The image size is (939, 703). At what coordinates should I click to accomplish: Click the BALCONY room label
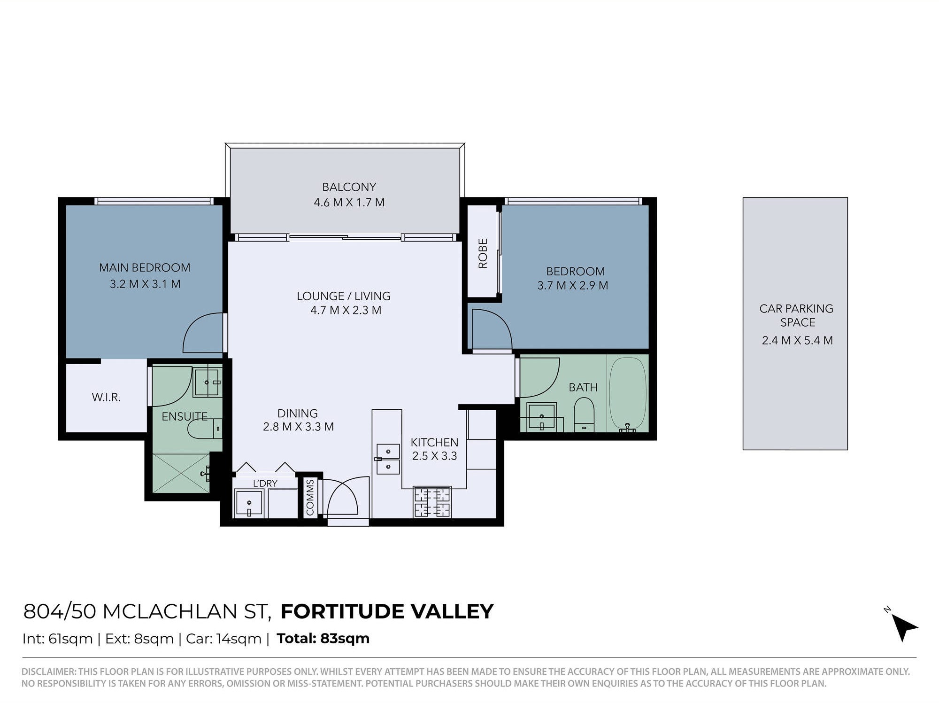click(x=349, y=187)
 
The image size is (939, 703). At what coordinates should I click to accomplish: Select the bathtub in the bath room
click(x=627, y=394)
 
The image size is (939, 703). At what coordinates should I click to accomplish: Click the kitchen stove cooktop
click(x=432, y=502)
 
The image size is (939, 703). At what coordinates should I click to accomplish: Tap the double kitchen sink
click(x=388, y=459)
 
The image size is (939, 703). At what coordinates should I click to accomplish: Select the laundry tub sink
click(x=249, y=503)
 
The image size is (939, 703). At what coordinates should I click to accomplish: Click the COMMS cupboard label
click(x=310, y=498)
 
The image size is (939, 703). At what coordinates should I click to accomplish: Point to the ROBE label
click(x=483, y=253)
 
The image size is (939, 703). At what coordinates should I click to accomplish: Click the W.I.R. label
click(x=106, y=398)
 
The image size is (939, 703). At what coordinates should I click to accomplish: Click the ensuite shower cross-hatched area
click(x=181, y=473)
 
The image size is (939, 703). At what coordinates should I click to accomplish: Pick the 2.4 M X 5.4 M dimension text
click(x=797, y=340)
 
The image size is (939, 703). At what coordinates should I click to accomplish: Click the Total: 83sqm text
click(x=323, y=639)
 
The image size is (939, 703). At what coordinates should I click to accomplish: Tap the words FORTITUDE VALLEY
click(x=387, y=611)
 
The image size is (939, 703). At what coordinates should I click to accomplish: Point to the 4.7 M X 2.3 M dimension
click(x=346, y=310)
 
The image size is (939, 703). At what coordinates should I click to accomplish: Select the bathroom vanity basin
click(x=541, y=417)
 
